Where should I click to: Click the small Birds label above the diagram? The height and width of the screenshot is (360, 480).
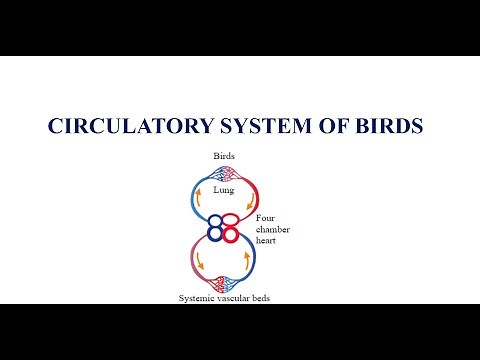pyautogui.click(x=224, y=156)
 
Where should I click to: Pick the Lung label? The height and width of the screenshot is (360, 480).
pyautogui.click(x=224, y=187)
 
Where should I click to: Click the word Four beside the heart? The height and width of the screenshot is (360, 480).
pyautogui.click(x=265, y=218)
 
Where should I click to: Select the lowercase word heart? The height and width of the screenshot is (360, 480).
pyautogui.click(x=267, y=239)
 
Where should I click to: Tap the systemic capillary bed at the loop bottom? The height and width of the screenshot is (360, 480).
pyautogui.click(x=224, y=284)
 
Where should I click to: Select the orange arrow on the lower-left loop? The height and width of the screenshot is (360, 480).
pyautogui.click(x=198, y=263)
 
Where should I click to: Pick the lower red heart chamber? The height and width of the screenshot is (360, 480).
pyautogui.click(x=230, y=235)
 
